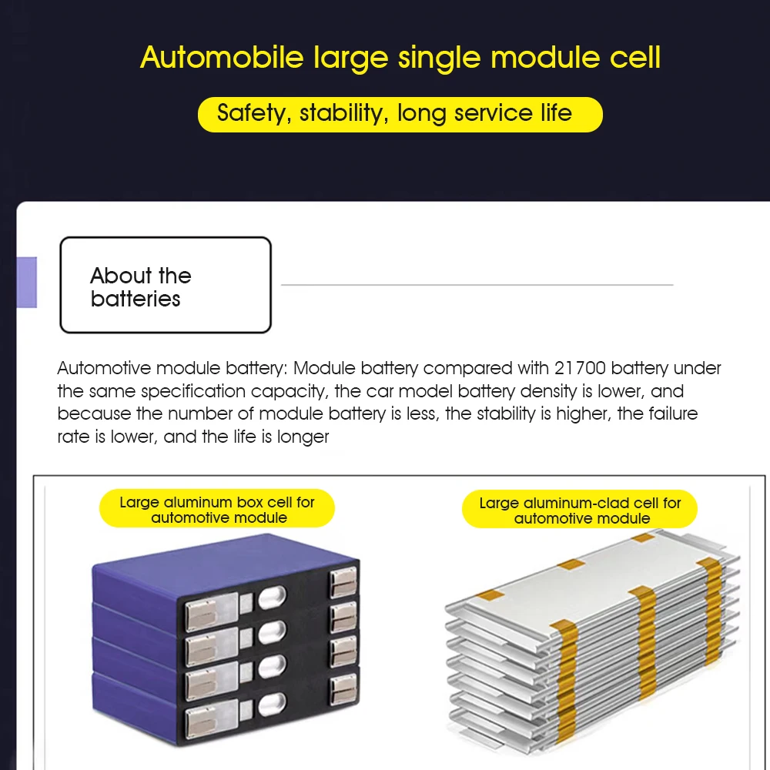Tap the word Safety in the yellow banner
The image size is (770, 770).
tap(250, 114)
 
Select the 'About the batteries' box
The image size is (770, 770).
tap(166, 285)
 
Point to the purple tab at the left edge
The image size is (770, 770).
tap(27, 282)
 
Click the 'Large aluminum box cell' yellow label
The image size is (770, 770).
tap(217, 510)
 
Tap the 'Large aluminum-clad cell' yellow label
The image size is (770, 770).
tap(580, 511)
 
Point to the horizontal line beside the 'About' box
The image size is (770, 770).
tap(477, 285)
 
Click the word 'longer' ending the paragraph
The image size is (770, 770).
tap(304, 437)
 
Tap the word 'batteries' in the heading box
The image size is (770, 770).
tap(136, 299)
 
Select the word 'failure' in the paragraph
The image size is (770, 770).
tap(671, 413)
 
